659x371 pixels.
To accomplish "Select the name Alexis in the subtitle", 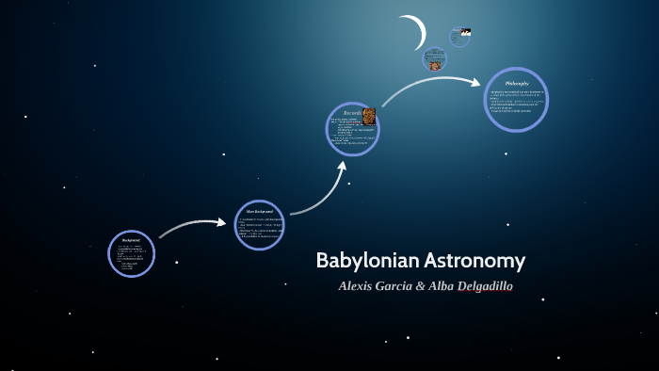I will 359,285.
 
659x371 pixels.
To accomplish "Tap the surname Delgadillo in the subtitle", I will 484,285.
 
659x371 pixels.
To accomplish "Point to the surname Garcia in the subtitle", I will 397,285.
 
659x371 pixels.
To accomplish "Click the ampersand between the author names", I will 421,285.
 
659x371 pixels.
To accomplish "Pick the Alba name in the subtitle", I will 441,285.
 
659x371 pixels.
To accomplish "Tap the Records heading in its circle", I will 351,112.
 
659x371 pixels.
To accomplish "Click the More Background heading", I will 259,212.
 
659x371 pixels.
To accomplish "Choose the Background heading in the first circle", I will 131,240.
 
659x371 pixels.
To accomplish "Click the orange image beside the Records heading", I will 369,117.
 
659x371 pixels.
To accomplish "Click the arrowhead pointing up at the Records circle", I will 343,167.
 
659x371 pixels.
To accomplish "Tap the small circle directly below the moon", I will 434,58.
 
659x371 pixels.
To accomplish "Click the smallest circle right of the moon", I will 459,37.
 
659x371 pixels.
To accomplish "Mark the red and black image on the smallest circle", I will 465,32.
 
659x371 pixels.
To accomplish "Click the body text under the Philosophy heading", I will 515,102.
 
